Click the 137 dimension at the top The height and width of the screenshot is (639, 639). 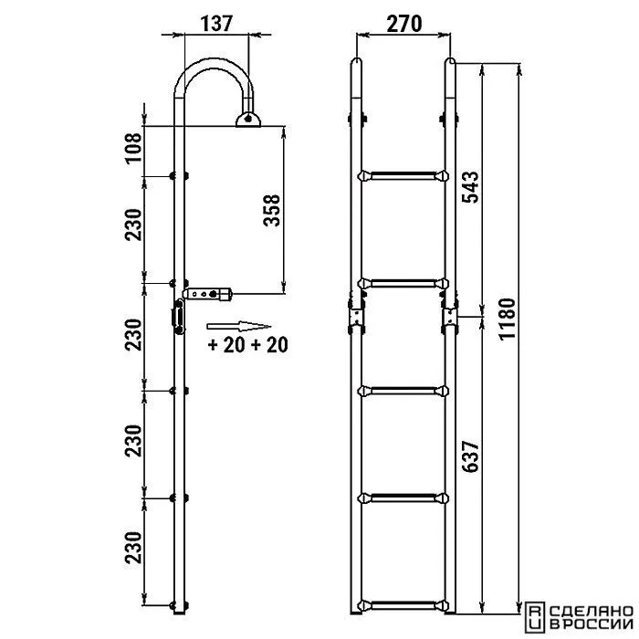216,23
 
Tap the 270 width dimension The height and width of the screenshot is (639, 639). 403,24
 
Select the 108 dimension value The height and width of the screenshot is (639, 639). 133,148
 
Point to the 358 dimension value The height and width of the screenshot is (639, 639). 272,210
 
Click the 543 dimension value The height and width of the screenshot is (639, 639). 470,187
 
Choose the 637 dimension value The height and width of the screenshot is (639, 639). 470,456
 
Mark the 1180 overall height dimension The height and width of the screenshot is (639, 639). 508,319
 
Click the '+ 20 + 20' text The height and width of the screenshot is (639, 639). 247,344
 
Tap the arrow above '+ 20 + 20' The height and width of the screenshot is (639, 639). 239,326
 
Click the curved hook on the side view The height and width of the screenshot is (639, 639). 214,64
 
